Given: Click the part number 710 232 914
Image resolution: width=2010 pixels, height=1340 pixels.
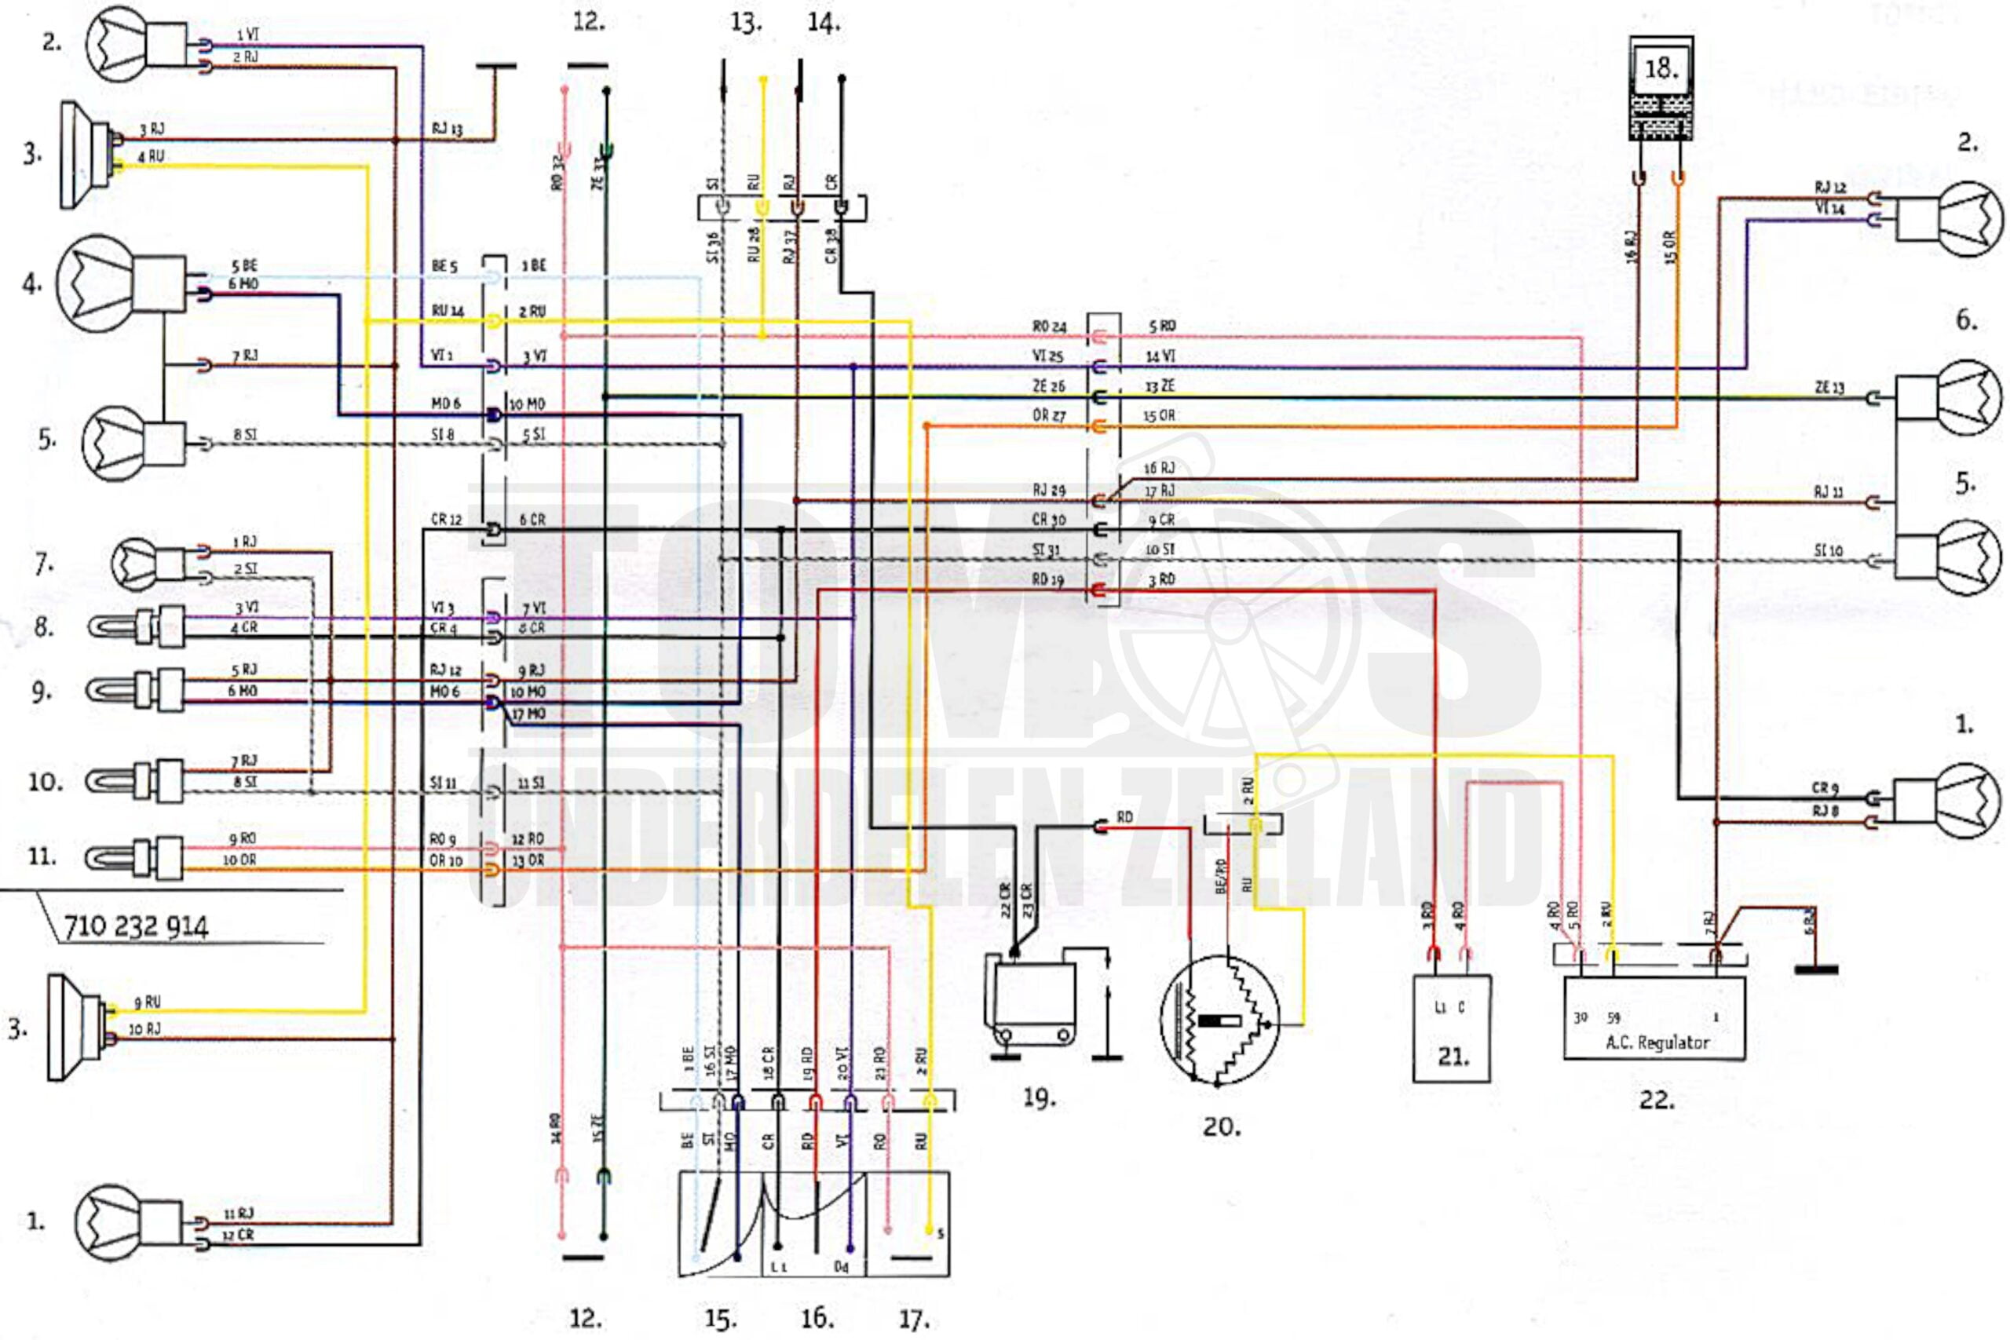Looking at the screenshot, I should (136, 926).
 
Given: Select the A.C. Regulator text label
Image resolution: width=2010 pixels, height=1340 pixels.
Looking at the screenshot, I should (1657, 1042).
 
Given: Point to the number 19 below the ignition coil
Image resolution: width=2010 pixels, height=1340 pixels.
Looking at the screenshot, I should (1040, 1098).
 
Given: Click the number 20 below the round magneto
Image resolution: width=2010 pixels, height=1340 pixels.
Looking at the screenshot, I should (1221, 1127).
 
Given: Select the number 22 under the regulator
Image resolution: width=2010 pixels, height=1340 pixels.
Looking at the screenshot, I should (1656, 1100).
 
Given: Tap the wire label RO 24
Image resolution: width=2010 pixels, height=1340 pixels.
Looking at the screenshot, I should (1049, 327).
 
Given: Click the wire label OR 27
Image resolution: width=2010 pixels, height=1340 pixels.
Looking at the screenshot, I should (1049, 416).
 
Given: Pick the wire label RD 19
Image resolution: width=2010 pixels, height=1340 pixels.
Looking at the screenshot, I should (1047, 580).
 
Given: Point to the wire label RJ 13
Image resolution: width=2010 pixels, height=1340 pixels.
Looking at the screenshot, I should (447, 130).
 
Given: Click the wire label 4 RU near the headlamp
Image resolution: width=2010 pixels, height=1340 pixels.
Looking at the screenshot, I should (152, 156).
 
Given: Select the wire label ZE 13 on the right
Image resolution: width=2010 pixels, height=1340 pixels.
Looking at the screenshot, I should (1829, 388).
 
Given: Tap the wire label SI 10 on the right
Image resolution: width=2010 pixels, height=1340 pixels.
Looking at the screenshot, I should (1829, 551).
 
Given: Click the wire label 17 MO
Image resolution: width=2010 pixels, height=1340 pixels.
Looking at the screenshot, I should (529, 714).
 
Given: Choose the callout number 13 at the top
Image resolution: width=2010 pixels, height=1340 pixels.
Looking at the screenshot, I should (746, 23).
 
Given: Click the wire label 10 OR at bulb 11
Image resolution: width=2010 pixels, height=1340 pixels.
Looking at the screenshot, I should (239, 860).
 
